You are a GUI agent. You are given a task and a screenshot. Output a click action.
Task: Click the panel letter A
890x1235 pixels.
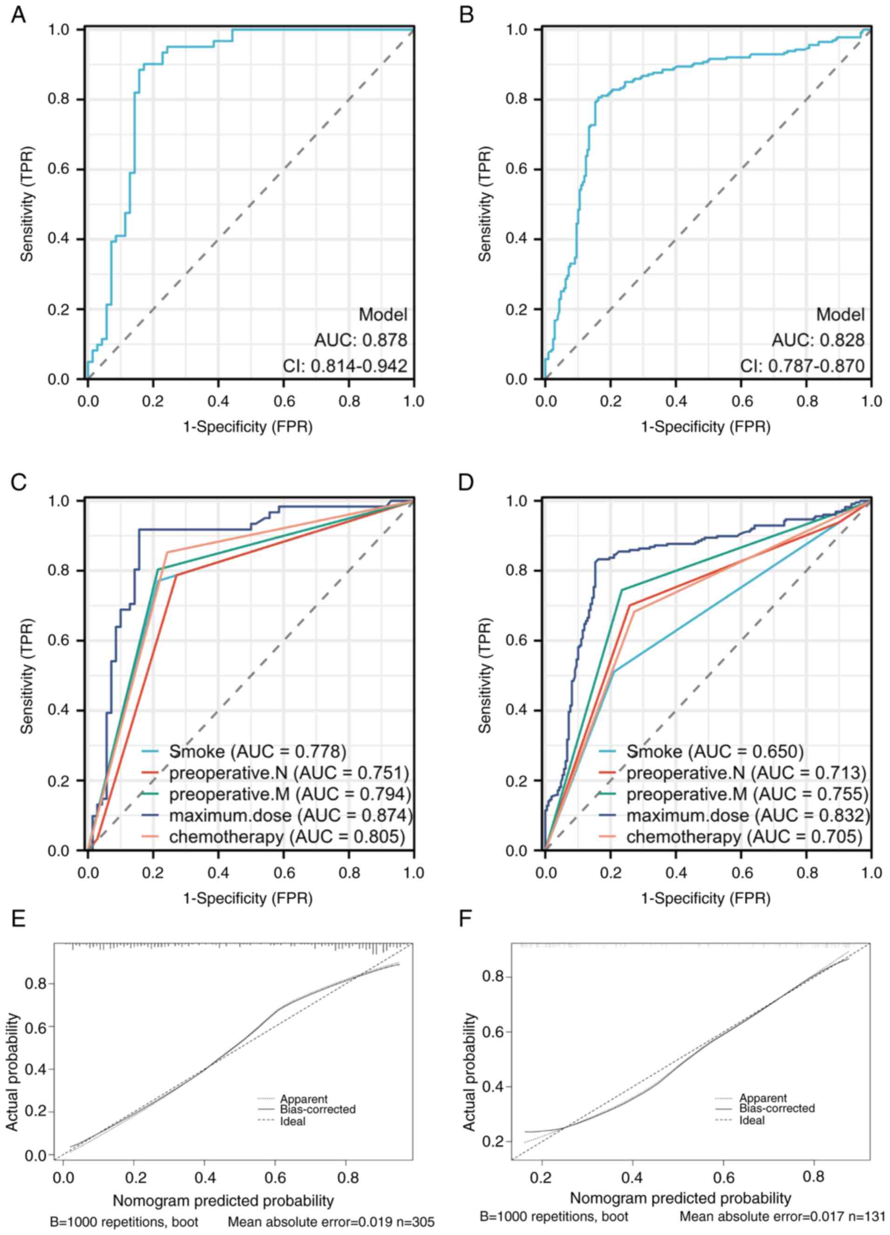[19, 15]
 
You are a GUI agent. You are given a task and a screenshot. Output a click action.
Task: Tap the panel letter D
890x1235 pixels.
[467, 482]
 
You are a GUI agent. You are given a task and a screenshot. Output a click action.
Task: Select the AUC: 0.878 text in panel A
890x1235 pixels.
[361, 340]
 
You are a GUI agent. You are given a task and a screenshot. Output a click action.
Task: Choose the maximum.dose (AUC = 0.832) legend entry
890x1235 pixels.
[747, 815]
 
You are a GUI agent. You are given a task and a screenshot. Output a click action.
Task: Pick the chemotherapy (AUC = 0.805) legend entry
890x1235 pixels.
[287, 836]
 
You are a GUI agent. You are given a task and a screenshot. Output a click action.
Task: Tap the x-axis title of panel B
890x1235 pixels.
[706, 427]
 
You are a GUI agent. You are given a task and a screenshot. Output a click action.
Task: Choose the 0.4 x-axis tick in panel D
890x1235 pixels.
[676, 872]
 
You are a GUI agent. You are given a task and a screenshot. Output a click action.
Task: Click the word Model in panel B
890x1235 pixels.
[840, 315]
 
